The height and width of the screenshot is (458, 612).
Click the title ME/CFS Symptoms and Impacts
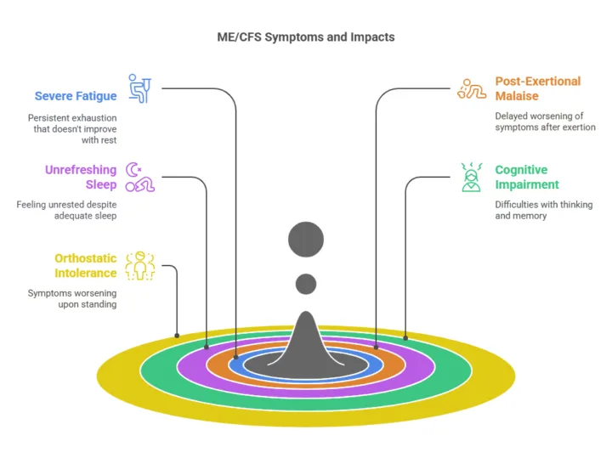pos(306,37)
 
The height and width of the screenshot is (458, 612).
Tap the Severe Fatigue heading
pos(76,96)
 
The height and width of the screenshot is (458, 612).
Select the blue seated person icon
pos(139,88)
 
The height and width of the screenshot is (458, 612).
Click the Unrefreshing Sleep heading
pos(81,177)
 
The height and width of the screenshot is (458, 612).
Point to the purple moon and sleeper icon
pos(139,177)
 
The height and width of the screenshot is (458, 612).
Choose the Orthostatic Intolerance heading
pos(86,266)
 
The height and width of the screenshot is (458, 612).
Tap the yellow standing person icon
pos(140,266)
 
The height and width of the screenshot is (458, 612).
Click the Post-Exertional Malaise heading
pos(538,88)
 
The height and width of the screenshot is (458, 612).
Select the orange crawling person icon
pos(472,88)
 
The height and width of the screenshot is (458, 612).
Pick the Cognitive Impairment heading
pos(527,177)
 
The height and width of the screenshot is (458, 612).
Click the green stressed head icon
pos(472,177)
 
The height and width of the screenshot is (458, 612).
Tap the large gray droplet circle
pos(306,240)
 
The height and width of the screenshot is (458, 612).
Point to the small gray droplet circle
pos(306,284)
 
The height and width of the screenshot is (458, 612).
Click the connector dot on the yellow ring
pos(177,336)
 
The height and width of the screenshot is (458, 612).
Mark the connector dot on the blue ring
pos(235,357)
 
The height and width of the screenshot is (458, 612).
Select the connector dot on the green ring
pos(405,338)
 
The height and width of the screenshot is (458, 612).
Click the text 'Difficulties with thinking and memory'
pos(544,210)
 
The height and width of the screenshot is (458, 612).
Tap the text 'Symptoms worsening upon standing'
pos(72,299)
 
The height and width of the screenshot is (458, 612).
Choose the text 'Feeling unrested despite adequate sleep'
pos(67,210)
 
